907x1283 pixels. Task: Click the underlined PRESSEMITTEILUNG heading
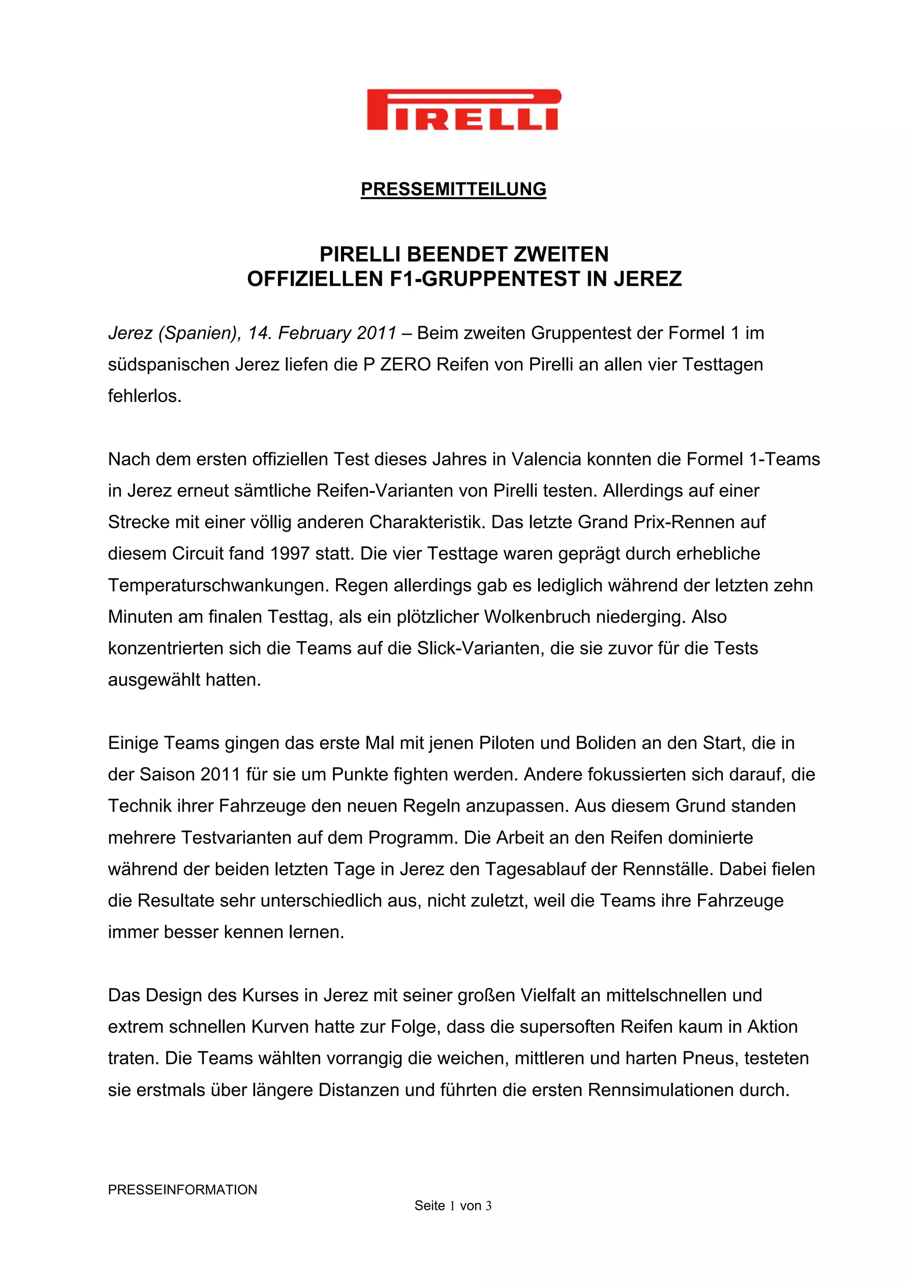click(x=453, y=189)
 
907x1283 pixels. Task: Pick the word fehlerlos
click(x=144, y=396)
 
